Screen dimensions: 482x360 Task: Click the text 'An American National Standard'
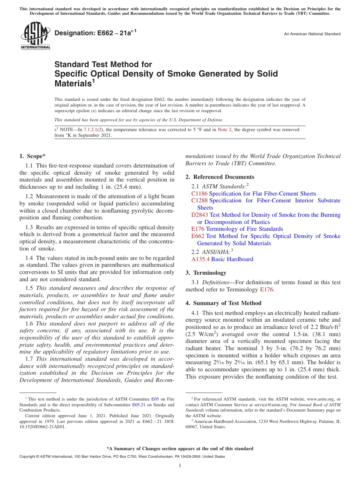pyautogui.click(x=312, y=34)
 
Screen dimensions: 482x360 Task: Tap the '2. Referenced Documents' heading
pyautogui.click(x=220, y=177)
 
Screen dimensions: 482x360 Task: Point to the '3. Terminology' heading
pyautogui.click(x=206, y=273)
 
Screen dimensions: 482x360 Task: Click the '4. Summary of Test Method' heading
pyautogui.click(x=223, y=303)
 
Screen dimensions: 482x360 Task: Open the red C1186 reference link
pyautogui.click(x=199, y=194)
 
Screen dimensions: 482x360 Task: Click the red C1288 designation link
pyautogui.click(x=199, y=200)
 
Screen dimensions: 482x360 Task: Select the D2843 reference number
pyautogui.click(x=200, y=215)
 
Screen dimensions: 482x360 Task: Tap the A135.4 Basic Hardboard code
pyautogui.click(x=200, y=259)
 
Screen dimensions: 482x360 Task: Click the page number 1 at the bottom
pyautogui.click(x=180, y=466)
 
